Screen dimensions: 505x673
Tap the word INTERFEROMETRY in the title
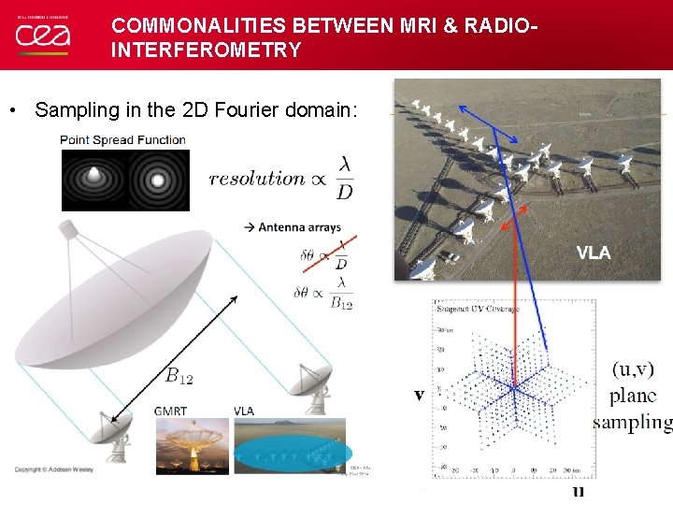coord(206,50)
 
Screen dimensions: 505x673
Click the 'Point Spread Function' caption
coord(123,140)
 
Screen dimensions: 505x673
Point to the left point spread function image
coord(93,180)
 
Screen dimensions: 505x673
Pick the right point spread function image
coord(158,180)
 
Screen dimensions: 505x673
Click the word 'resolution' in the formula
coord(257,178)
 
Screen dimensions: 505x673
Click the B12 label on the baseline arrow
coord(179,377)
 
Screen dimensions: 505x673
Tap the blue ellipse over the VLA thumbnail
coord(291,453)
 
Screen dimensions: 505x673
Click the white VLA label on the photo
coord(594,252)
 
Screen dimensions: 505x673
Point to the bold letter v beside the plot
coord(420,395)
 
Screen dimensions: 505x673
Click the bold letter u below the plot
coord(579,490)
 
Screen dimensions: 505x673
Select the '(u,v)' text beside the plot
coord(633,370)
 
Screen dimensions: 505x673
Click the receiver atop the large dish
coord(69,228)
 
